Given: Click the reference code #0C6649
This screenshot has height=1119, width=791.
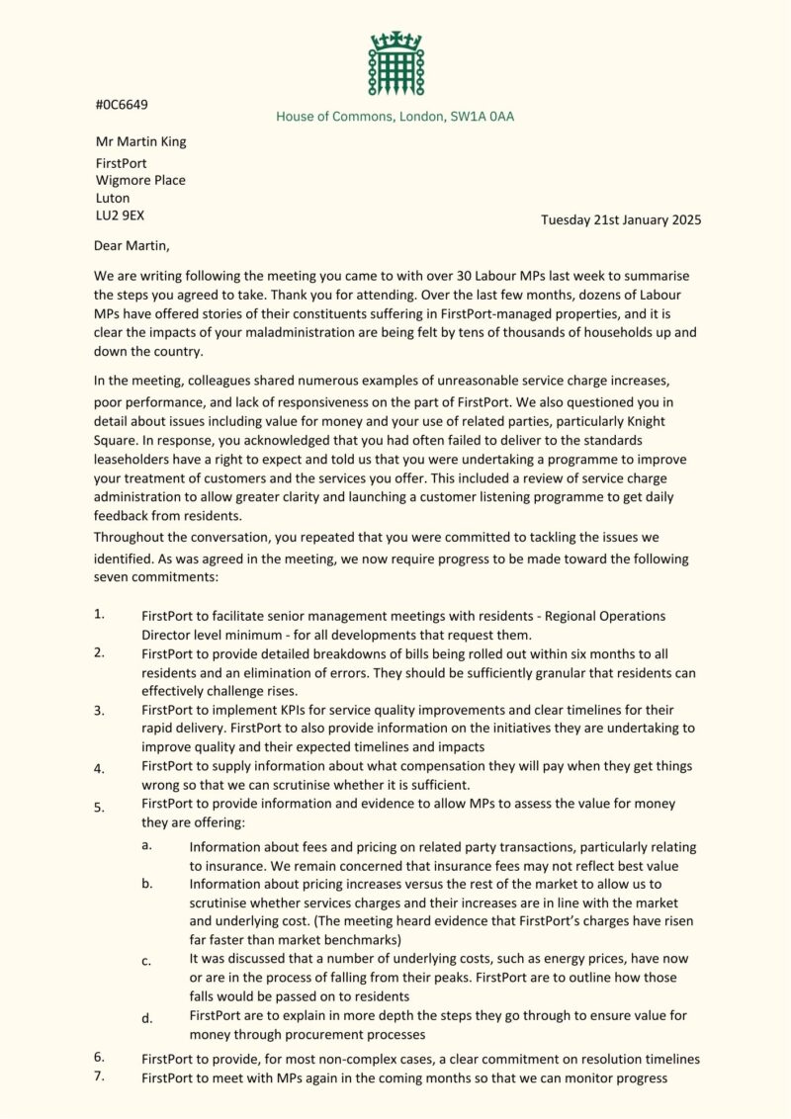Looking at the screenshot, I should [x=122, y=104].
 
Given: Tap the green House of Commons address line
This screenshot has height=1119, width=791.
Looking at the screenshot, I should [x=395, y=117].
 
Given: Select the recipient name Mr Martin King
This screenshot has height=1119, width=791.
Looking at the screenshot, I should [x=140, y=141].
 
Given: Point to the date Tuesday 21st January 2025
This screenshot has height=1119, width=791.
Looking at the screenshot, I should [x=621, y=219].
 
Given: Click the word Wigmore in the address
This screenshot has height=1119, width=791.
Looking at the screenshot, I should [x=123, y=179].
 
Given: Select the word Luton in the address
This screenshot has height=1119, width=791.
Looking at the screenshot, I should [x=112, y=198].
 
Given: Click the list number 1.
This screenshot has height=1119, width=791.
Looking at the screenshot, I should [x=99, y=614].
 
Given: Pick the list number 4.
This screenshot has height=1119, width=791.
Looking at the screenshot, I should [x=99, y=768].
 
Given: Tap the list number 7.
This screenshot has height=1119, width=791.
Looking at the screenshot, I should [x=99, y=1076].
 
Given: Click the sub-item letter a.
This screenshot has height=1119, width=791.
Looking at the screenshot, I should [x=145, y=845].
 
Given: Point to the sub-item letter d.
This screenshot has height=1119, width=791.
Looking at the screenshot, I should [x=146, y=1017].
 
